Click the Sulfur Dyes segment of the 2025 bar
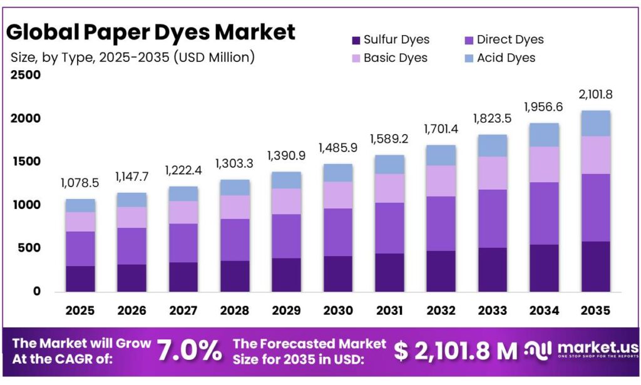(x=80, y=279)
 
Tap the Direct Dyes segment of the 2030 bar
(x=337, y=232)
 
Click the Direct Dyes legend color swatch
(x=468, y=40)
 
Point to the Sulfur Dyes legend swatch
(x=356, y=40)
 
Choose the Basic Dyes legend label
(x=395, y=58)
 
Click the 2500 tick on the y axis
(x=26, y=75)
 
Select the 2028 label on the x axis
(x=235, y=310)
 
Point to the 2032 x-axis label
(x=440, y=310)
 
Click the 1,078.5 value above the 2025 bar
(x=80, y=183)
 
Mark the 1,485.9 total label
(x=337, y=148)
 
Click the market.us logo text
(x=597, y=347)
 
